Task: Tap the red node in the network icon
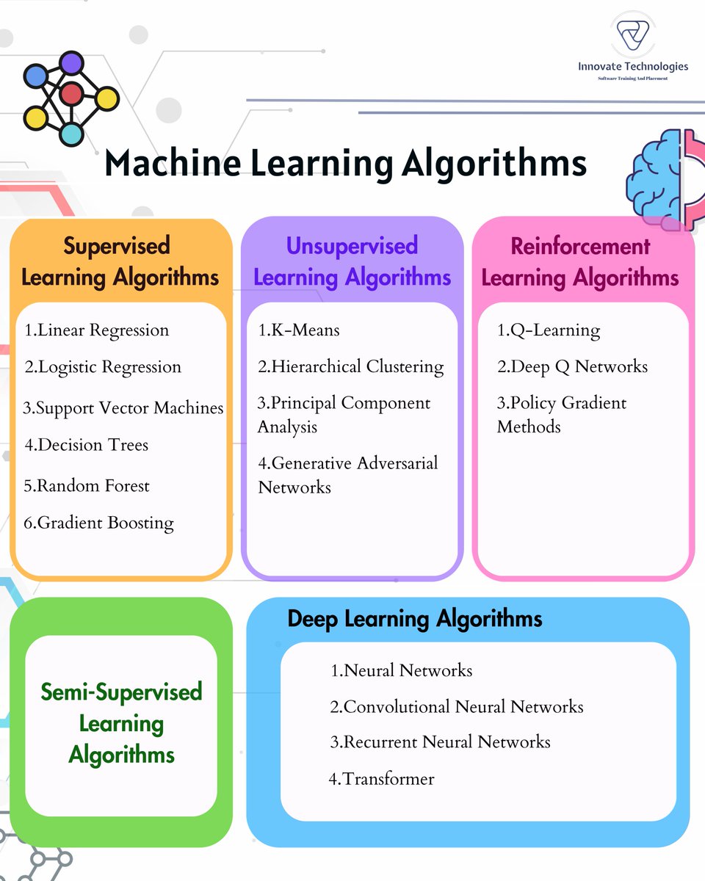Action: (71, 93)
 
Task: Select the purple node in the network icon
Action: (71, 62)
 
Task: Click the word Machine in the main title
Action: (172, 163)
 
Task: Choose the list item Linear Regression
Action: (97, 330)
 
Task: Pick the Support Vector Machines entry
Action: (123, 407)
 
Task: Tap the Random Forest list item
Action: (87, 485)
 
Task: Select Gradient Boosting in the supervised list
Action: (98, 523)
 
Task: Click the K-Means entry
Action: (299, 330)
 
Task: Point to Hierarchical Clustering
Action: (351, 366)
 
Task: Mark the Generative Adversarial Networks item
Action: (347, 475)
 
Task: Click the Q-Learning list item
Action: (549, 330)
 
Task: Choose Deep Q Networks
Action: (573, 366)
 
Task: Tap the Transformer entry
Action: (382, 778)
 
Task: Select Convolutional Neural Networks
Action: (457, 706)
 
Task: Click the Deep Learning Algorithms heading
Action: (415, 619)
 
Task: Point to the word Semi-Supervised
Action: (121, 692)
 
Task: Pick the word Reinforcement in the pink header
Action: (580, 246)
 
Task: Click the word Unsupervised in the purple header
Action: (352, 246)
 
